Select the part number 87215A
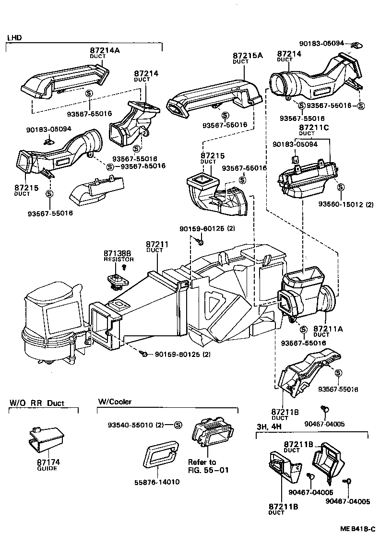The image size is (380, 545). (x=248, y=56)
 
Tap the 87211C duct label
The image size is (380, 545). (x=314, y=128)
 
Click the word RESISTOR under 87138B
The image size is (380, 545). (x=119, y=260)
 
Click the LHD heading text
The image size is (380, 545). (x=14, y=37)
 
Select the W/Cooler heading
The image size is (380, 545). (x=115, y=402)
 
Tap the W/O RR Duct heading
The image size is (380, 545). (x=36, y=403)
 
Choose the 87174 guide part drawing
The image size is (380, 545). (x=46, y=439)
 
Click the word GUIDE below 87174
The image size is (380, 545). (x=47, y=468)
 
